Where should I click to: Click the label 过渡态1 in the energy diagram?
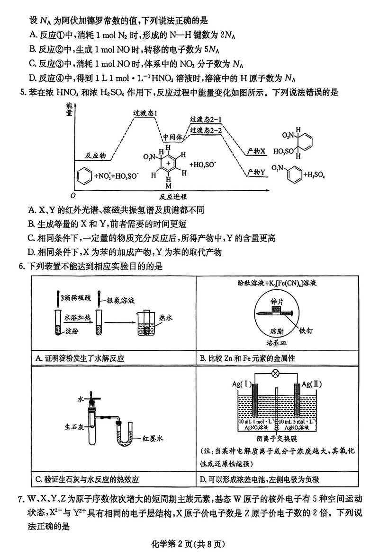[145, 114]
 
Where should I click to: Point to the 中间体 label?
[173, 138]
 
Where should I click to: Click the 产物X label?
[256, 151]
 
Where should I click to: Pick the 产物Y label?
[256, 173]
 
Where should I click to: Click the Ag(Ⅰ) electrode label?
[242, 383]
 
